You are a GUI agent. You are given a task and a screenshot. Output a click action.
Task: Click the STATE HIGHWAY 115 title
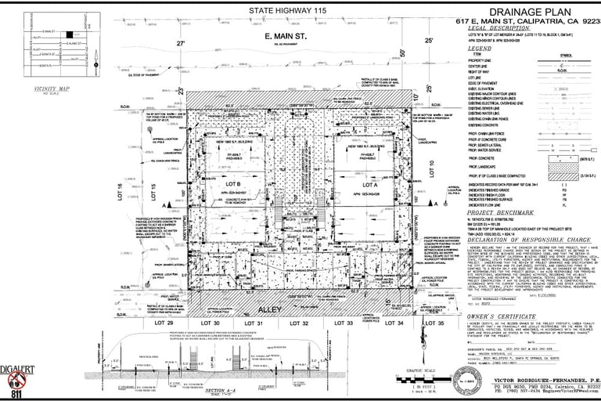[287, 10]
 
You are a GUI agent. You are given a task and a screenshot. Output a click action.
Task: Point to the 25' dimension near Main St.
[428, 39]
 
